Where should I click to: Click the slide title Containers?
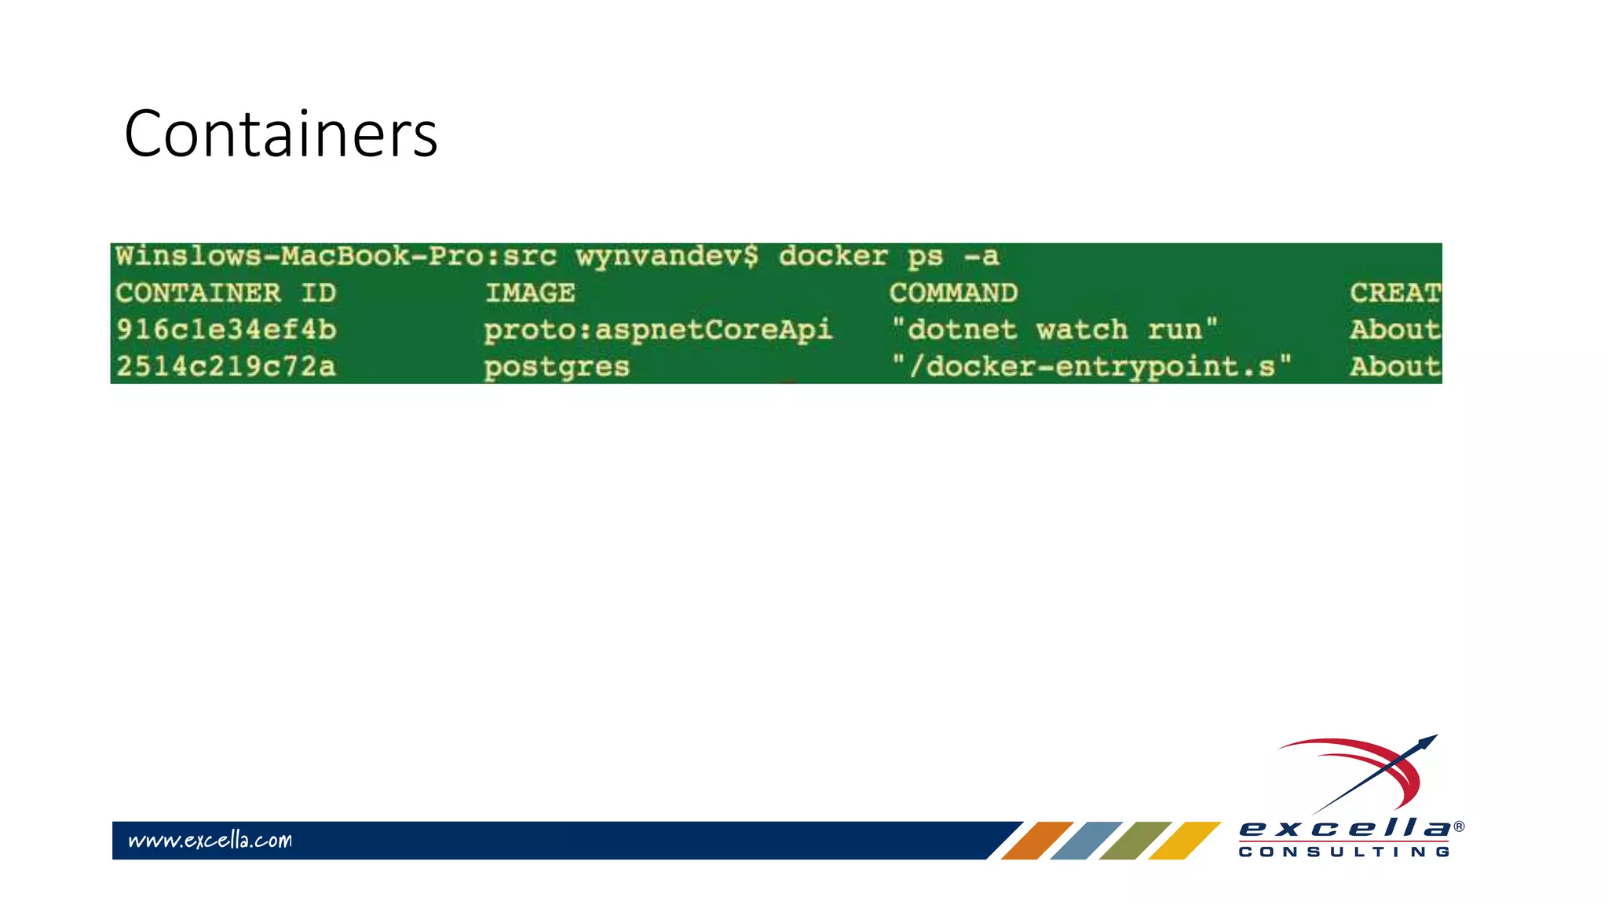(280, 134)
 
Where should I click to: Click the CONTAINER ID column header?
(226, 293)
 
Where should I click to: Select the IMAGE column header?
(530, 293)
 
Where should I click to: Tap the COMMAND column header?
(953, 293)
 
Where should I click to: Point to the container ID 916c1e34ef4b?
(226, 330)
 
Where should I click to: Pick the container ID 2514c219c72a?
(226, 367)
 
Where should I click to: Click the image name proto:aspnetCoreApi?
(658, 330)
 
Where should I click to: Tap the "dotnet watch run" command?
(1054, 329)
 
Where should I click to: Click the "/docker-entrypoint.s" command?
(1091, 367)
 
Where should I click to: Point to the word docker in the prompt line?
(833, 256)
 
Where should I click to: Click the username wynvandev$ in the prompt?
(667, 256)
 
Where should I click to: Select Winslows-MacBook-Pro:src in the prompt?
(336, 256)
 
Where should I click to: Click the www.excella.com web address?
(210, 841)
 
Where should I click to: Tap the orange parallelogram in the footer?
(1036, 841)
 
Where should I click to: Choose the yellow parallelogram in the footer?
(1184, 841)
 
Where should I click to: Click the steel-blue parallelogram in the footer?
(1086, 841)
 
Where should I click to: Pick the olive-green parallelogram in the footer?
(1135, 841)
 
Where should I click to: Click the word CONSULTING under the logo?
(1344, 852)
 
